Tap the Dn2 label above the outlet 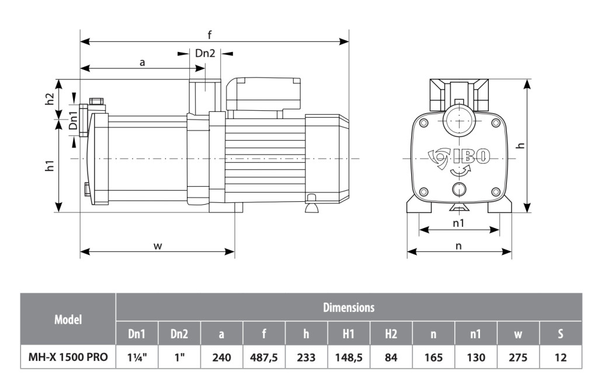click(205, 53)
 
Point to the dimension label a click(142, 61)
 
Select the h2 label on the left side click(50, 99)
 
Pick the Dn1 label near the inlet click(73, 121)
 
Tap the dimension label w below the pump click(157, 246)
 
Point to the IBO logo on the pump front click(471, 156)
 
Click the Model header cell click(68, 319)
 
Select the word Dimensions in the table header click(349, 307)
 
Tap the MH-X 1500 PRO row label click(68, 357)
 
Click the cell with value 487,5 click(264, 357)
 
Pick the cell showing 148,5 click(349, 357)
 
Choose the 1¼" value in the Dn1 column click(136, 357)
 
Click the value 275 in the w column click(518, 357)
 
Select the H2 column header click(391, 334)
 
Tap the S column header click(560, 334)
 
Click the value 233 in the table click(306, 357)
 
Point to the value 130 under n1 click(475, 357)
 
